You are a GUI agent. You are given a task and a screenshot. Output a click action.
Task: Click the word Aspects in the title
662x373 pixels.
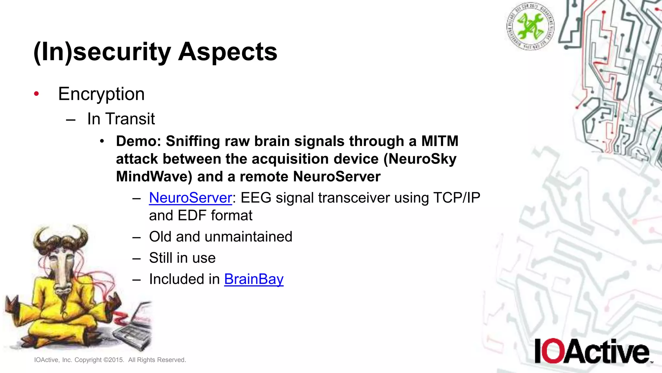pos(228,52)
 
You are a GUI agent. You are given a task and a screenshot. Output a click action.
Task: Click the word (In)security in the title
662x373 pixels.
pos(102,52)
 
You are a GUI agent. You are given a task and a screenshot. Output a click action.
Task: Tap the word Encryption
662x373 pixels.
pos(101,94)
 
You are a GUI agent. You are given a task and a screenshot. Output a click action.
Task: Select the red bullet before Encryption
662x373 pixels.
pos(37,94)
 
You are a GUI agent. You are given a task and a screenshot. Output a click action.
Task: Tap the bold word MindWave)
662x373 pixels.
pos(154,177)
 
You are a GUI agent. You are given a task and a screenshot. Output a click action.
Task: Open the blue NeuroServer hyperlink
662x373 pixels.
pos(190,198)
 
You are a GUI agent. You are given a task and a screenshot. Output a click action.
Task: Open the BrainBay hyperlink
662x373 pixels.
pos(254,279)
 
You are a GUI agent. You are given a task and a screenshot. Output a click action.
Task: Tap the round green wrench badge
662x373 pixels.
pos(530,26)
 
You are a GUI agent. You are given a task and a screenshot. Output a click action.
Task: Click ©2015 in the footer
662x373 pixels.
pos(113,360)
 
